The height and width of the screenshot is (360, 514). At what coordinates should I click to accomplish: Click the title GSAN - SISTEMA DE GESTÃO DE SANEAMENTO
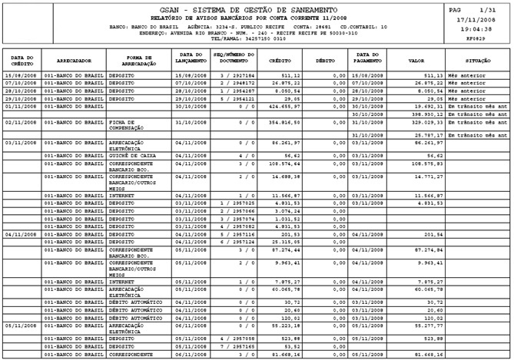click(x=257, y=8)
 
